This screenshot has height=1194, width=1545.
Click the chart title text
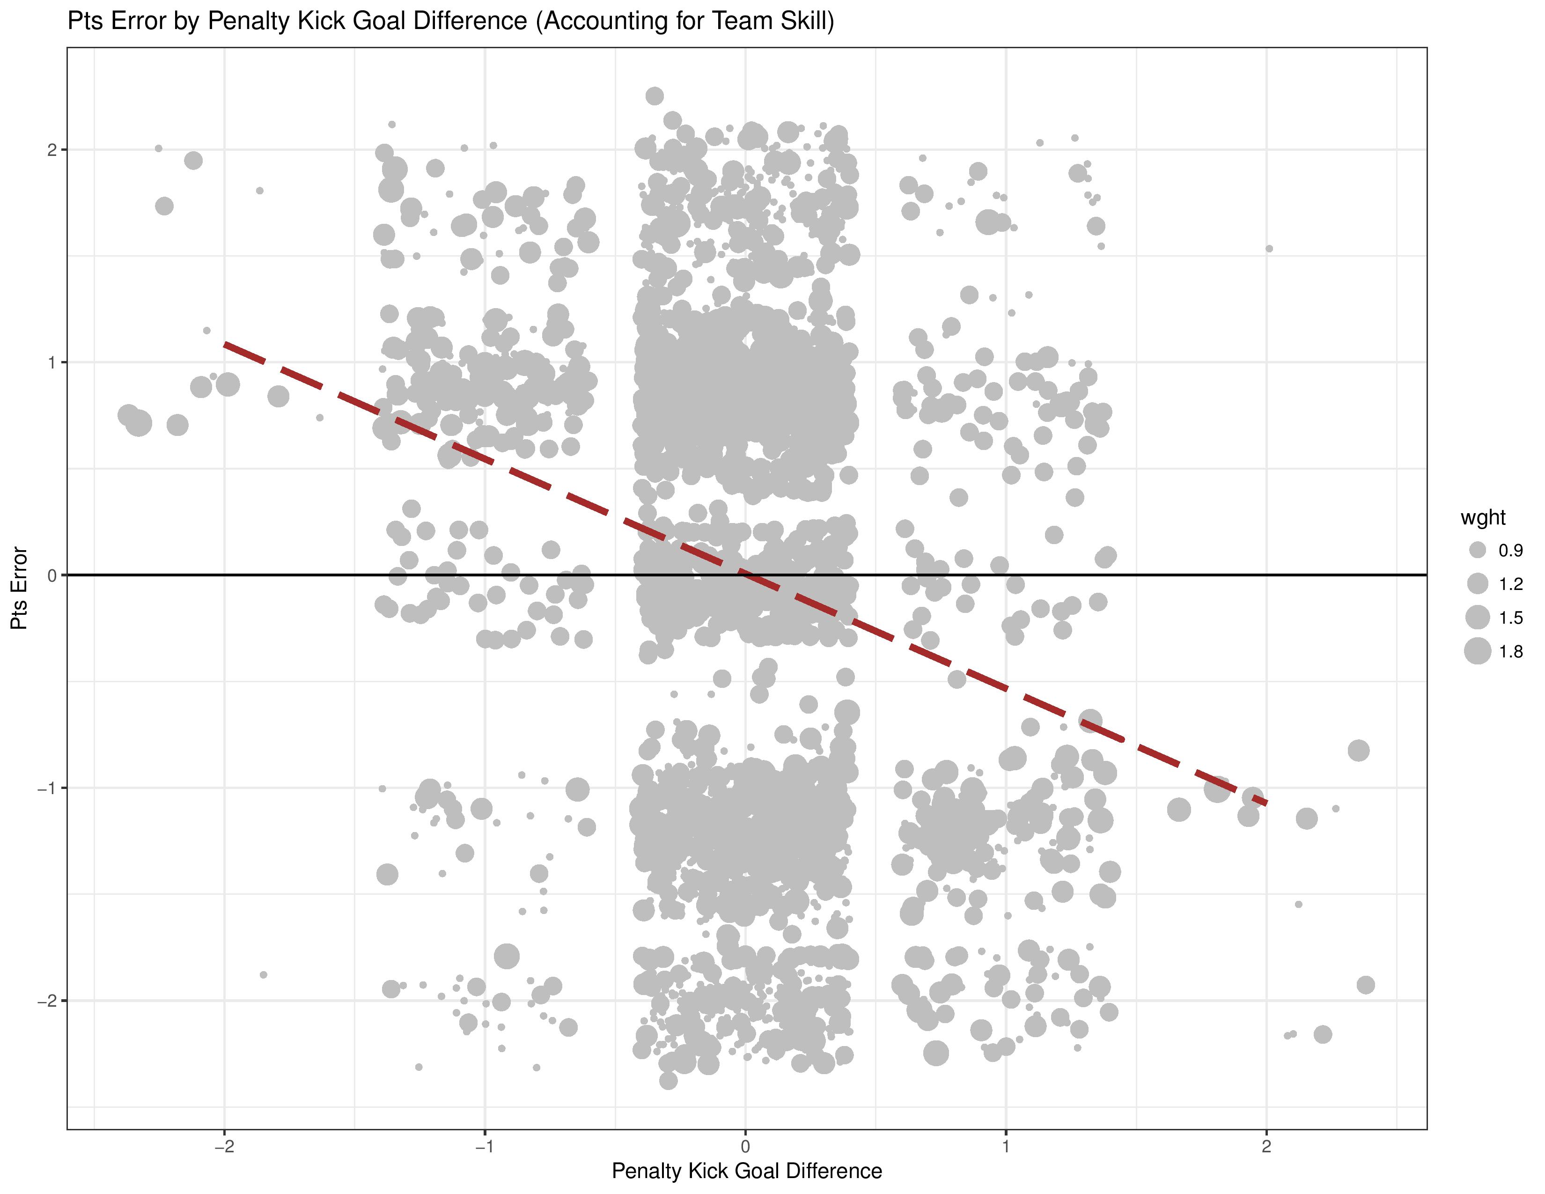450,21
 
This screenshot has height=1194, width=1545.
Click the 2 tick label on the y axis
51,150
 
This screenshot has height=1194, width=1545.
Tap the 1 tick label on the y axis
51,363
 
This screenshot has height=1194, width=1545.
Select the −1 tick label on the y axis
47,789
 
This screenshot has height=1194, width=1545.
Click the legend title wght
1483,518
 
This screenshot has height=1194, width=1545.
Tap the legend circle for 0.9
1477,550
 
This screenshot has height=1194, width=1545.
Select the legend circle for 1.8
1477,651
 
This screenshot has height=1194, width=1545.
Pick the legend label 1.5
1510,618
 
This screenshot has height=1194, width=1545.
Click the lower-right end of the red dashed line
1265,803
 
